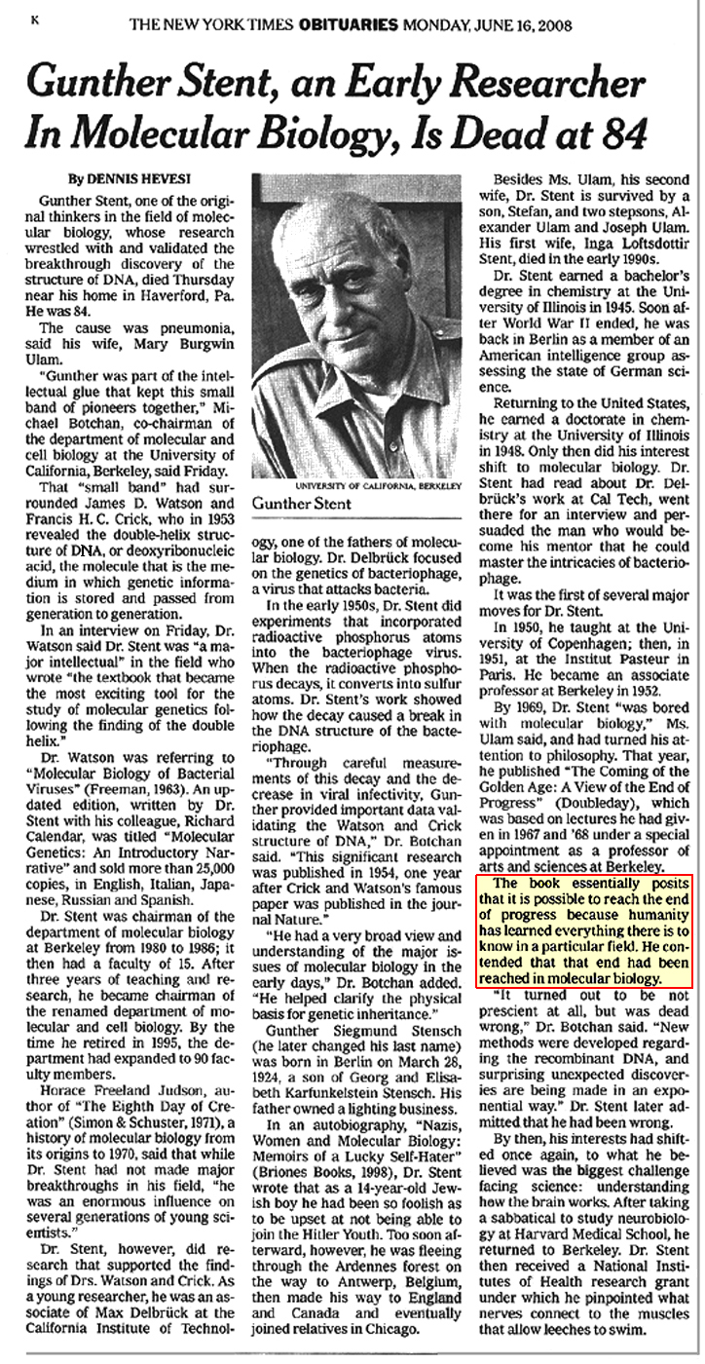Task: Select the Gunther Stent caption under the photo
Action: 300,504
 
